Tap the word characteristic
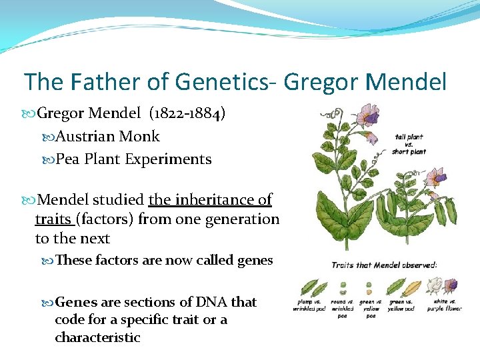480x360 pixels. (97, 337)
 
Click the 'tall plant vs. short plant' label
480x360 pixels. (409, 144)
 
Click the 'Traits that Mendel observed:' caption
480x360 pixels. (384, 265)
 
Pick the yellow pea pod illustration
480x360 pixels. (413, 287)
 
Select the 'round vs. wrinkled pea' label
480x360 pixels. (343, 308)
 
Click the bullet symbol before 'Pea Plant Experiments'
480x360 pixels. (49, 160)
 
